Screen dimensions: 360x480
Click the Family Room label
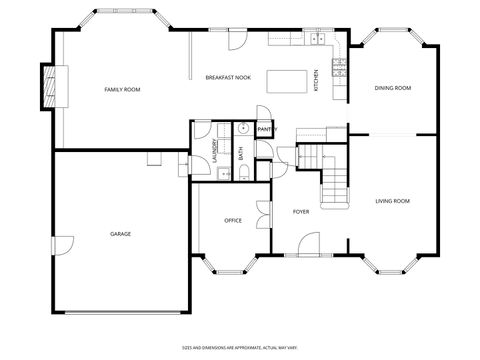click(x=122, y=90)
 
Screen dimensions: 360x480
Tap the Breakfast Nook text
click(x=228, y=77)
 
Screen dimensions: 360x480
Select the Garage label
click(x=120, y=234)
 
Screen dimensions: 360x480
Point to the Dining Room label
click(x=392, y=88)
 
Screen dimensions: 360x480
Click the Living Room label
click(x=392, y=201)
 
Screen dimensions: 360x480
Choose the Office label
click(x=232, y=220)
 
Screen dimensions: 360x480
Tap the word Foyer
click(x=300, y=212)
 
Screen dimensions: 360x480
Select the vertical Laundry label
click(x=214, y=150)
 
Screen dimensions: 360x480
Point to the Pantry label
click(x=266, y=129)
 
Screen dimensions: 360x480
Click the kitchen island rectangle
click(x=285, y=77)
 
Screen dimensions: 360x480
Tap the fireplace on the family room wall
click(x=46, y=87)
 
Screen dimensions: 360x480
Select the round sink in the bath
click(x=243, y=128)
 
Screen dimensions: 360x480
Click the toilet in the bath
click(x=244, y=172)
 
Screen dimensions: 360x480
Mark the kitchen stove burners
click(x=339, y=68)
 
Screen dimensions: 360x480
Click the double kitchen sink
click(x=318, y=39)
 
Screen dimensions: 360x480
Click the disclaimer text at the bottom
click(x=239, y=346)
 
